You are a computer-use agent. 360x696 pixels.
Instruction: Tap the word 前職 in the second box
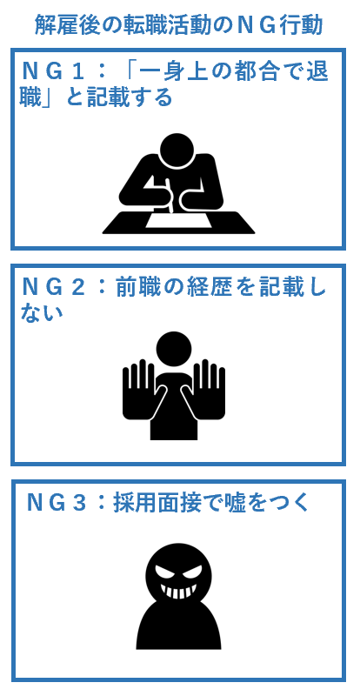pyautogui.click(x=139, y=286)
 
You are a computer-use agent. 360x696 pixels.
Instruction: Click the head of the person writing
pyautogui.click(x=177, y=151)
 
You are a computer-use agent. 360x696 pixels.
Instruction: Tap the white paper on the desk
pyautogui.click(x=178, y=219)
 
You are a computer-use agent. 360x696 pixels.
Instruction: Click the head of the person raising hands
pyautogui.click(x=174, y=349)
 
